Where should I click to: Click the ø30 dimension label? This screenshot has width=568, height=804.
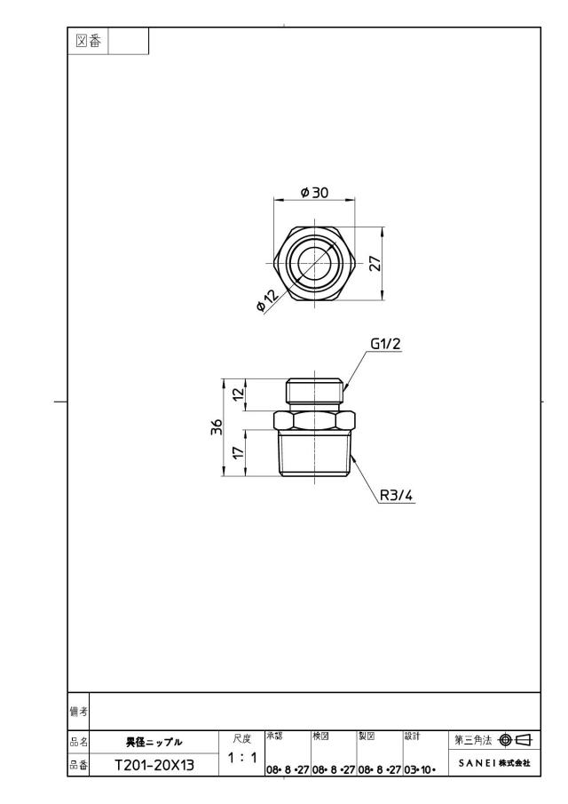(314, 192)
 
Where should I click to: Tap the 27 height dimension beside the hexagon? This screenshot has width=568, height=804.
(375, 264)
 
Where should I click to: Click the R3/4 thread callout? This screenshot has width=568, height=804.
(396, 496)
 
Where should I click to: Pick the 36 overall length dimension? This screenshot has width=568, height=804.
(217, 427)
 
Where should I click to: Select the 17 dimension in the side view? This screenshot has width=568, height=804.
(238, 453)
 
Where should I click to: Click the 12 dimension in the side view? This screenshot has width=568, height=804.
(238, 394)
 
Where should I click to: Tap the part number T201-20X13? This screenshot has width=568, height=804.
(154, 766)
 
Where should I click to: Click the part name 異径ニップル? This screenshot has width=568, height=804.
(154, 742)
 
